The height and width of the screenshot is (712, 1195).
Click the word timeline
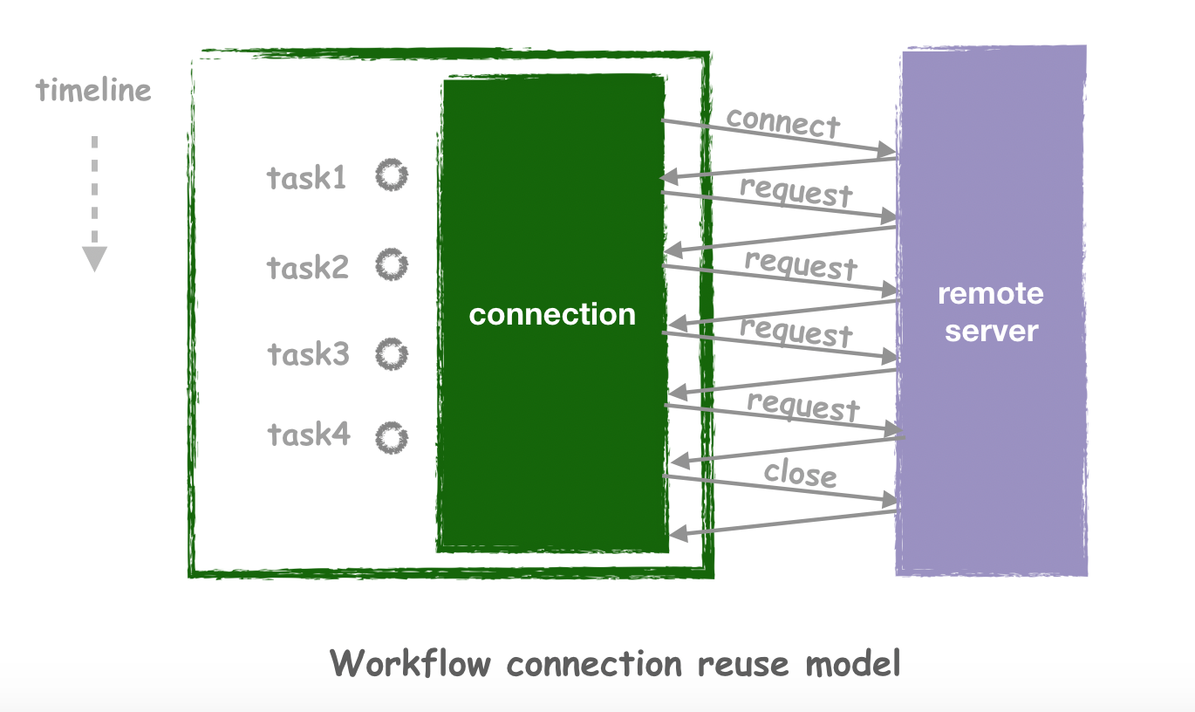93,90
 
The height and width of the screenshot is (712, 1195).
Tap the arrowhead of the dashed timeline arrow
94,259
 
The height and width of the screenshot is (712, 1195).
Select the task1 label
307,177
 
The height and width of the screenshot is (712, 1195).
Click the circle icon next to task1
392,175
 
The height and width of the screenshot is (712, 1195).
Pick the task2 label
308,267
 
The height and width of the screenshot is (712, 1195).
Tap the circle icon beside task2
392,264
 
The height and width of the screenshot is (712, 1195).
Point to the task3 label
309,354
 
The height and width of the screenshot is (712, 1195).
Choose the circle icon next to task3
392,354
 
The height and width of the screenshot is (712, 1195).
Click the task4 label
309,434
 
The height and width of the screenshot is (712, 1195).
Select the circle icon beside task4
392,438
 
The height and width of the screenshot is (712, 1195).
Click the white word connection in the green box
552,314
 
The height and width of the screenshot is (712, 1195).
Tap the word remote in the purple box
991,294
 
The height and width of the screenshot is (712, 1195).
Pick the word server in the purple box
992,332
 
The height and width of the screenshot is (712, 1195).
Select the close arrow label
800,474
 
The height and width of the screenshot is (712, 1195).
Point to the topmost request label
796,192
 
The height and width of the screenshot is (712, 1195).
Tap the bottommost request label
802,406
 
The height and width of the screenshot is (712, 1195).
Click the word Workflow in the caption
410,663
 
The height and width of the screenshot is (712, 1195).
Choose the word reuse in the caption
743,665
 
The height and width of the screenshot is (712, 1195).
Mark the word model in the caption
853,663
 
